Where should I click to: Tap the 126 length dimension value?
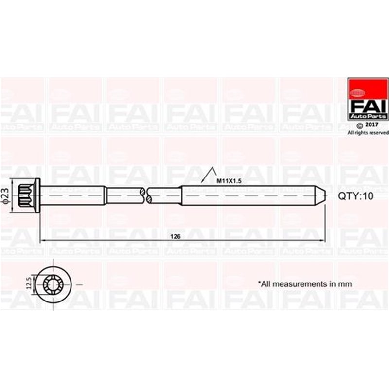176,236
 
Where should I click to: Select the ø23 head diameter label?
5,194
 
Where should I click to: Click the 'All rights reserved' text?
368,132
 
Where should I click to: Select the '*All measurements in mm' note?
304,283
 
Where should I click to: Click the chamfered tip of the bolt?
321,194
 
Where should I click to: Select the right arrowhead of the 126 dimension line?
323,240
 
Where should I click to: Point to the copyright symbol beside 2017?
360,125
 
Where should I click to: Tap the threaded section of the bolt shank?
243,194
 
